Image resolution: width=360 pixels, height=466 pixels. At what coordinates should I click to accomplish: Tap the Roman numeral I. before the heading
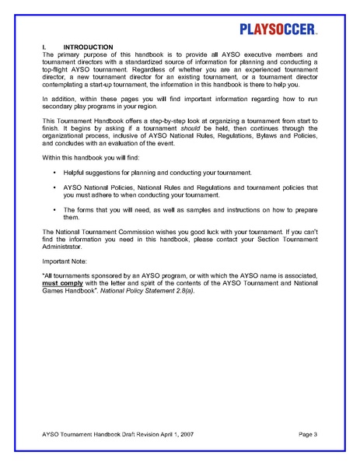(44, 47)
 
